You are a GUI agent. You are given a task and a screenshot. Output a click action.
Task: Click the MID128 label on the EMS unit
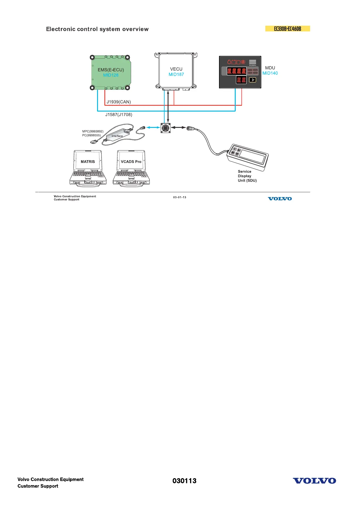coord(111,75)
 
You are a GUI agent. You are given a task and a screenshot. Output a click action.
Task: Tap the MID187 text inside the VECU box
coord(176,74)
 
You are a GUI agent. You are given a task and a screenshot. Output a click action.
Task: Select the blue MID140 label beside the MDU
coord(270,73)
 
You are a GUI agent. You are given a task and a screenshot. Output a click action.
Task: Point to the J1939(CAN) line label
coord(119,102)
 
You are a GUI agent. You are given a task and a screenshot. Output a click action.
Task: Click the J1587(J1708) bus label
coord(119,115)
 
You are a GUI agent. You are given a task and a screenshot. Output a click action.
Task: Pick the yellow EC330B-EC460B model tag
coord(287,29)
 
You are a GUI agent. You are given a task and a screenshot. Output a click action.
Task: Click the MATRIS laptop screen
coord(88,161)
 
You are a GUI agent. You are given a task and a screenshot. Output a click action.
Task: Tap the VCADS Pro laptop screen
coord(131,161)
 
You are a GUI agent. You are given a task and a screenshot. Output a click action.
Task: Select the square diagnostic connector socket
coord(165,128)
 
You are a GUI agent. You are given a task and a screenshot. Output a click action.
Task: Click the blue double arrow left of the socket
coord(153,128)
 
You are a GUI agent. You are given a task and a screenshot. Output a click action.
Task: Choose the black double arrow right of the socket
coord(178,128)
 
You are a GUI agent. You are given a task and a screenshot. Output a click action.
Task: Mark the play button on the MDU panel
coord(253,80)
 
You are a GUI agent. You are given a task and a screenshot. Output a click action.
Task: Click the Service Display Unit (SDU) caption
coord(247,176)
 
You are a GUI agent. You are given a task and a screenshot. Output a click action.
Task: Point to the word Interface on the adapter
coord(117,136)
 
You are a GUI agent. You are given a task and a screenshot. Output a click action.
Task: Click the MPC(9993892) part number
coord(93,131)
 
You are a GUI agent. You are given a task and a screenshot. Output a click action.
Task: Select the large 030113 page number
coord(184,481)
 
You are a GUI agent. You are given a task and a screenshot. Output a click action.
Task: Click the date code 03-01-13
coord(180,197)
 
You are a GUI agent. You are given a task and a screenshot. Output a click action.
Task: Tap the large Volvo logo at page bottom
coord(314,481)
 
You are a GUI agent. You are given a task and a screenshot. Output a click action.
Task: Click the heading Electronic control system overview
coord(97,29)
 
